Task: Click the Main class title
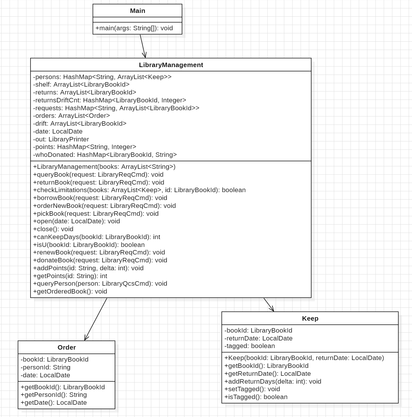coord(138,11)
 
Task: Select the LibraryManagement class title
coord(171,65)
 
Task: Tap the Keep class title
coord(310,318)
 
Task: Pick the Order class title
coord(66,347)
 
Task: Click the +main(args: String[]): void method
coord(134,28)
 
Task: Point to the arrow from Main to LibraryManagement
coord(143,46)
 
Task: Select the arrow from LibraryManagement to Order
coord(96,319)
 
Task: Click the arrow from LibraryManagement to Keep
coord(269,305)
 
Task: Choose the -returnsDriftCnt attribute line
coord(110,100)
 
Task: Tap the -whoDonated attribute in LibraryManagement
coord(105,155)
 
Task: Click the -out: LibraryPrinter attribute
coord(61,139)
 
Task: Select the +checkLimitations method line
coord(139,190)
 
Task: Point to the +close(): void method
coord(53,229)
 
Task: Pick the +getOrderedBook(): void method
coord(70,291)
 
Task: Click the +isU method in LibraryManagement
coord(89,245)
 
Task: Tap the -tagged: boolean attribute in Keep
coord(249,346)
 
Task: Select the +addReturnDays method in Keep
coord(273,381)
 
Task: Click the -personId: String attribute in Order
coord(45,367)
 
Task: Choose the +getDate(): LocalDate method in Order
coord(54,403)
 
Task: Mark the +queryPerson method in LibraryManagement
coord(100,283)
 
